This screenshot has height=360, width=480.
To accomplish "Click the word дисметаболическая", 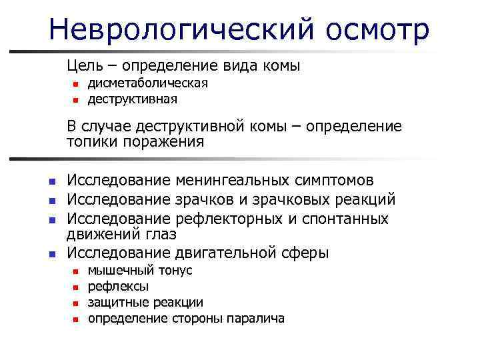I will pyautogui.click(x=148, y=83).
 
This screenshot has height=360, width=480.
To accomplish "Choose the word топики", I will pyautogui.click(x=89, y=142).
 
